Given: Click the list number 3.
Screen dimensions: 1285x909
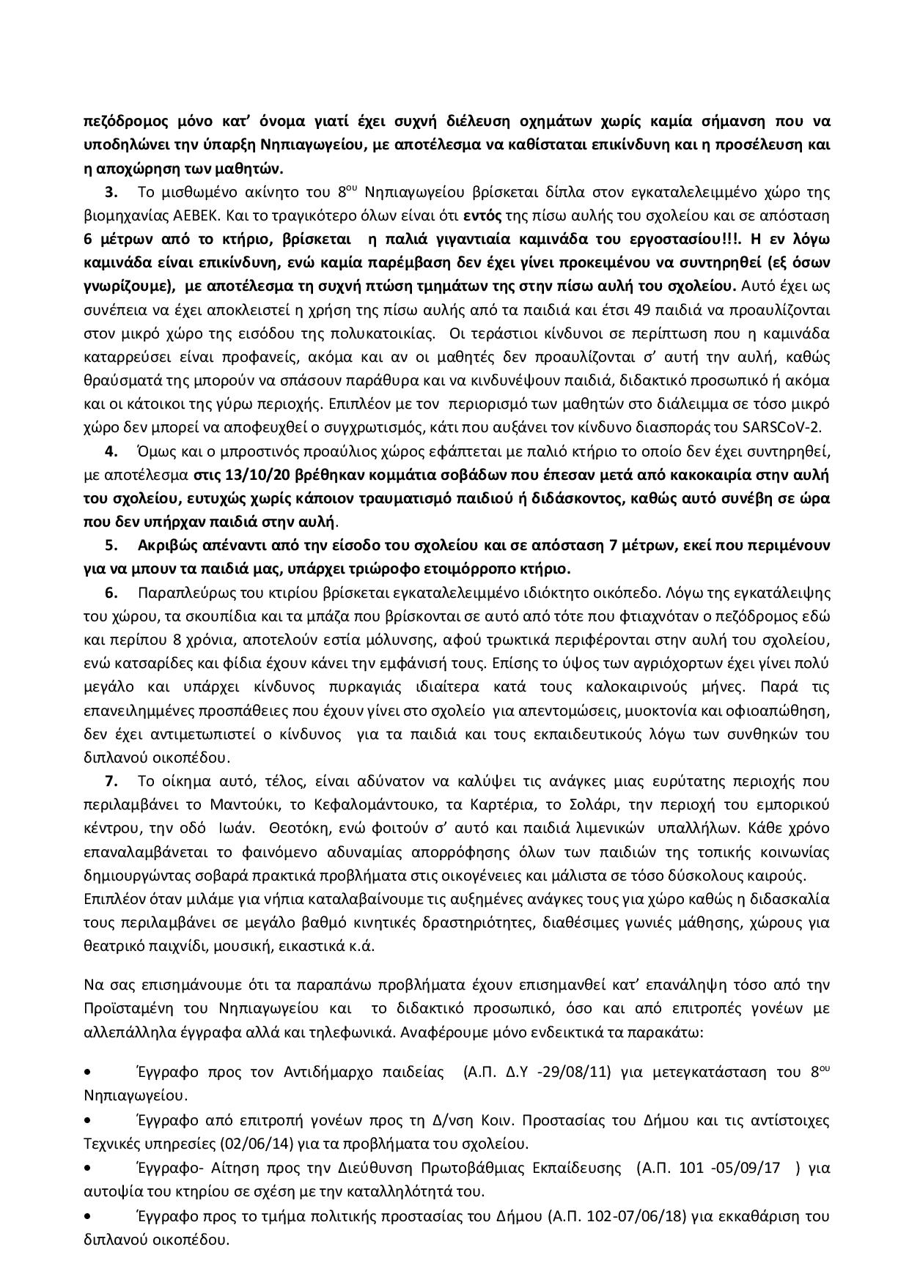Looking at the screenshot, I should pyautogui.click(x=111, y=193).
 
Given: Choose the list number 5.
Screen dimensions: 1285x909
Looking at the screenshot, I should pyautogui.click(x=112, y=545).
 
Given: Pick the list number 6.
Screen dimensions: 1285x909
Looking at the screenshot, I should pyautogui.click(x=112, y=592).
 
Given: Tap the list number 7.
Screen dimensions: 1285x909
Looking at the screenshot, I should pyautogui.click(x=112, y=781).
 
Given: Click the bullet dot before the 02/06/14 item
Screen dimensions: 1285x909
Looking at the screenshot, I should pyautogui.click(x=89, y=1121).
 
